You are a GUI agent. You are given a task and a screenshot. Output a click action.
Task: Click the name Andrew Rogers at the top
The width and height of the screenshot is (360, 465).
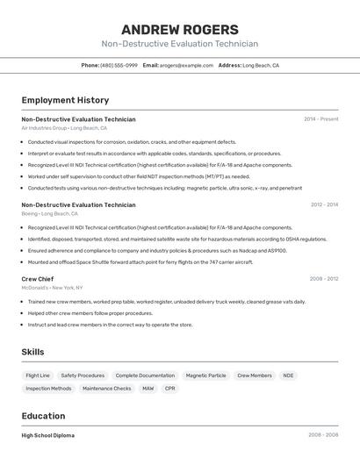(x=179, y=30)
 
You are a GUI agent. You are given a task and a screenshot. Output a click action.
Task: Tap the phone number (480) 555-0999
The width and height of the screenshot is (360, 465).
(x=119, y=65)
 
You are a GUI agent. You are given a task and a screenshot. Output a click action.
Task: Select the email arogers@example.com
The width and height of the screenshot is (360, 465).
(x=187, y=65)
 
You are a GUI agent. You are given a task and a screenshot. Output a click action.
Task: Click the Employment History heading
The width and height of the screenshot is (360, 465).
(x=65, y=100)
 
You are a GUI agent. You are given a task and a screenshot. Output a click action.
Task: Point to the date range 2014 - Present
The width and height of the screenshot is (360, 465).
(x=320, y=119)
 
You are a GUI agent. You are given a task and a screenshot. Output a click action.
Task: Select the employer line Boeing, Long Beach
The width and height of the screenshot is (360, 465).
(x=49, y=214)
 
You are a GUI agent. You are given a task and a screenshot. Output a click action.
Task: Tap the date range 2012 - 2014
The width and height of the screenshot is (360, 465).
(x=324, y=205)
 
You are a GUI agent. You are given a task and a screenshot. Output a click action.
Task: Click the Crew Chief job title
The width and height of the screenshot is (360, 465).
(x=37, y=279)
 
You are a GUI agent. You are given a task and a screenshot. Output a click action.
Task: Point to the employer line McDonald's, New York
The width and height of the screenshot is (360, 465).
(x=52, y=288)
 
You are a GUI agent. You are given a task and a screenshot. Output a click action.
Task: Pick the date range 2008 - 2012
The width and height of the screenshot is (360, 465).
(x=324, y=279)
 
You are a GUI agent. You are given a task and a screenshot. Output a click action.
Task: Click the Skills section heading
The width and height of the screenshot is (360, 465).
(x=32, y=352)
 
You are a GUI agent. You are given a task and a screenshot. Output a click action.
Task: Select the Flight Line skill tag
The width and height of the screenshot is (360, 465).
(x=38, y=376)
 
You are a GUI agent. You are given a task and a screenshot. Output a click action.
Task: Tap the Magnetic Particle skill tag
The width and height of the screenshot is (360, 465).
(x=205, y=376)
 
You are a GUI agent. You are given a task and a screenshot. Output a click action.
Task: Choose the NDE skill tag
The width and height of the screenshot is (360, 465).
(x=288, y=376)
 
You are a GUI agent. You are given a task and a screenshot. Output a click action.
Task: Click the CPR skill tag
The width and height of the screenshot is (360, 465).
(x=170, y=388)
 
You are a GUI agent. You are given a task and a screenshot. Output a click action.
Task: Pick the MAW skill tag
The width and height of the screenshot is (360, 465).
(x=148, y=388)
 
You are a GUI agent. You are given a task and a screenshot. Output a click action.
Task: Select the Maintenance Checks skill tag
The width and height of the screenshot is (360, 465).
(x=106, y=388)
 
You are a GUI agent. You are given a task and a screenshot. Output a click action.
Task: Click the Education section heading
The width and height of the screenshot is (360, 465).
(x=43, y=416)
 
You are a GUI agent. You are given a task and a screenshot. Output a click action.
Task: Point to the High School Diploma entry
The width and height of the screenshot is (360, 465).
(x=47, y=435)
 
